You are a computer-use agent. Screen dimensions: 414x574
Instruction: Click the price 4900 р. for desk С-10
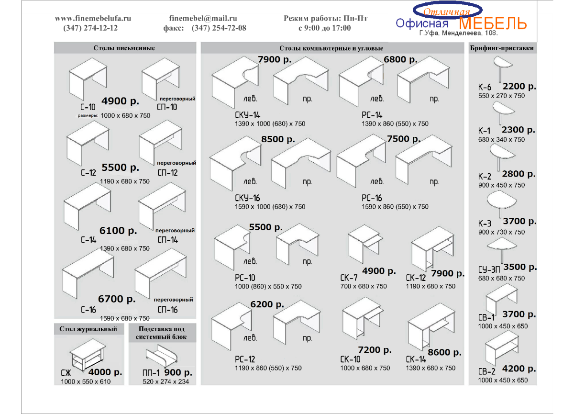pos(120,101)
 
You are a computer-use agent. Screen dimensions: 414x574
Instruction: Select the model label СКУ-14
pos(247,115)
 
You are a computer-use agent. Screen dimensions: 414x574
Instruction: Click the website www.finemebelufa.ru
pos(93,18)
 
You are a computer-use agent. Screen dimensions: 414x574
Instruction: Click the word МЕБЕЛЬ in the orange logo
pos(493,23)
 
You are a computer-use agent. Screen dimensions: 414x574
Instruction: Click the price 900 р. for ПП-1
pos(178,372)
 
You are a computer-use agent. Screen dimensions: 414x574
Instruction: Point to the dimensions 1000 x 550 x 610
pos(86,381)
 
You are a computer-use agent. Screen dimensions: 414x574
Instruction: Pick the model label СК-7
pos(349,278)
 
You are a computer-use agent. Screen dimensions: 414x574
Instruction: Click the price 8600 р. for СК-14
pos(444,352)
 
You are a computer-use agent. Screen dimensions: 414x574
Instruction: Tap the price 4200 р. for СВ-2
pos(519,369)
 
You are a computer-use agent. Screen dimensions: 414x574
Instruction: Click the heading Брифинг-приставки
pos(502,48)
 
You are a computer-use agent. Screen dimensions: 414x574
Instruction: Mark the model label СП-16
pos(167,310)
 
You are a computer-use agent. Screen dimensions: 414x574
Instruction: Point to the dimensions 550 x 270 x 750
pos(501,96)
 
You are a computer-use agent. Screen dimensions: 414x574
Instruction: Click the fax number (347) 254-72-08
pos(219,28)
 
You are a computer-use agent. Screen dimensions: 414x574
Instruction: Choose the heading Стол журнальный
pos(88,329)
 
